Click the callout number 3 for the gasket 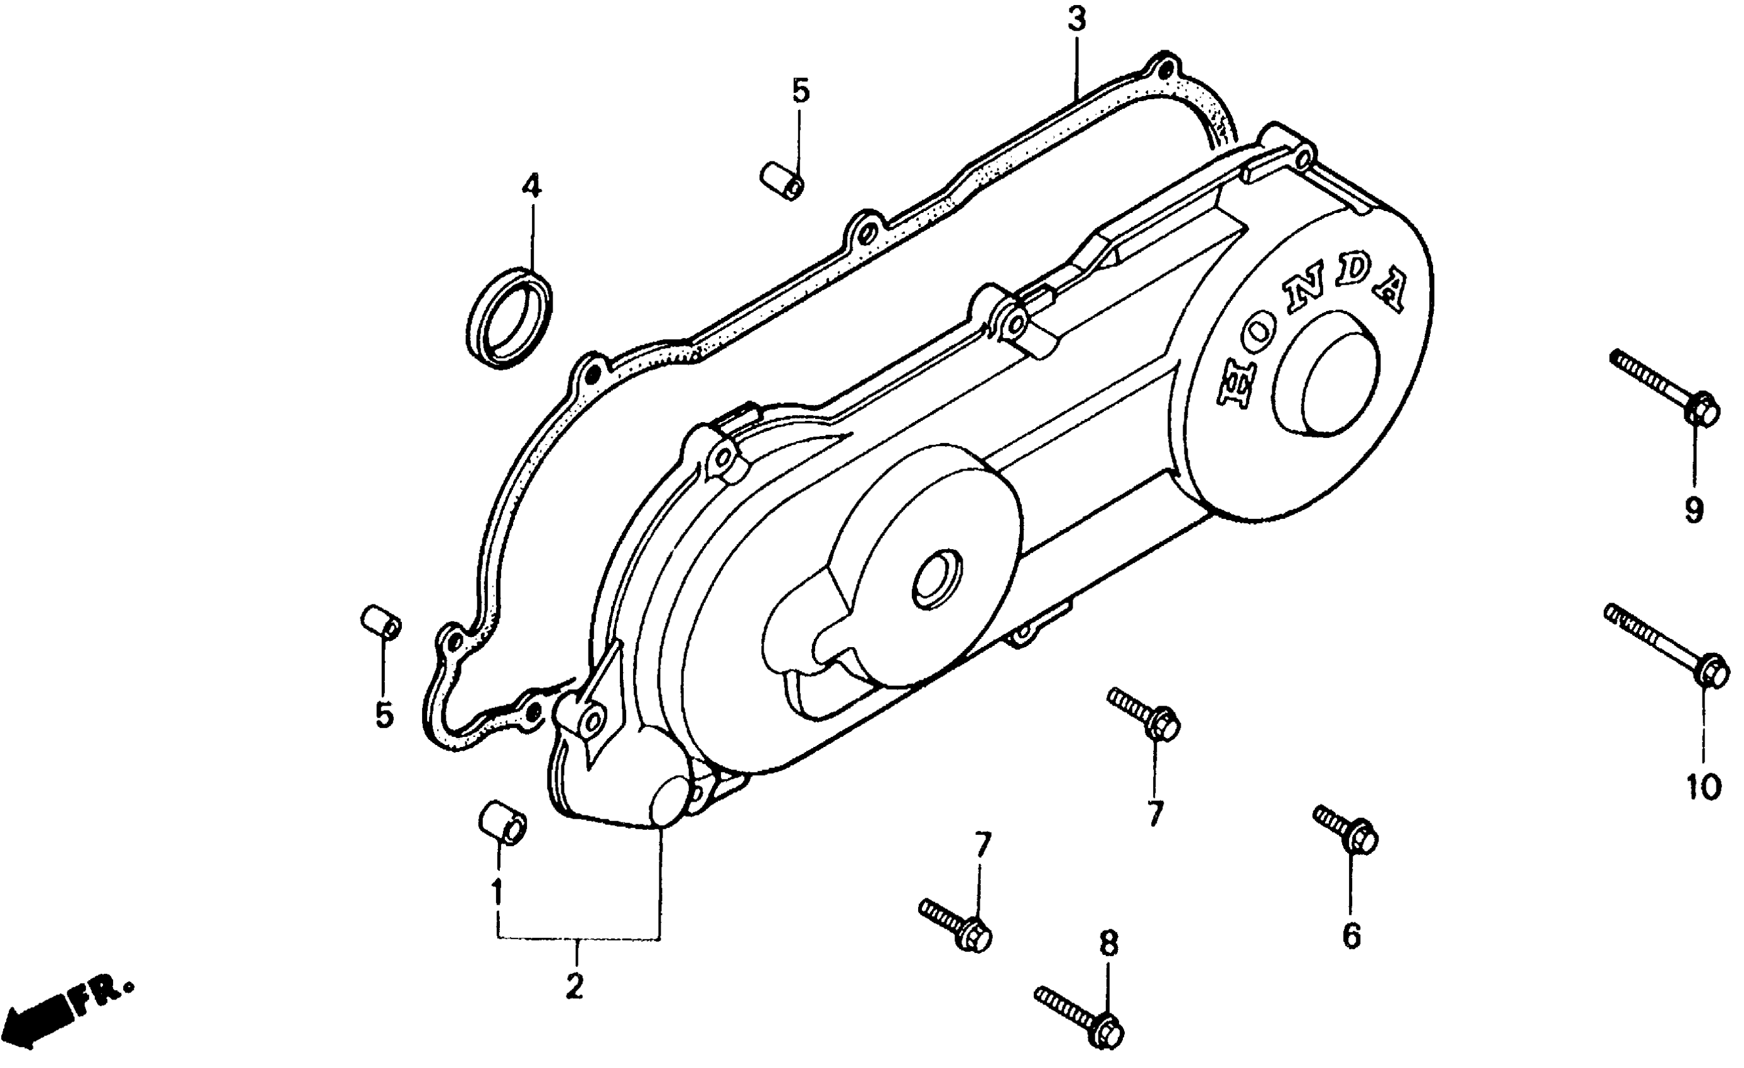coord(1076,21)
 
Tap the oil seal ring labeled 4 coord(509,316)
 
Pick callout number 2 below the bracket coord(574,986)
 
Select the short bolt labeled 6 coord(1345,829)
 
